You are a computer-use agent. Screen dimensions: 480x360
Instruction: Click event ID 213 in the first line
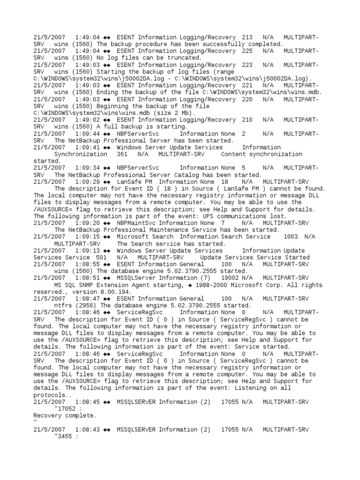[x=247, y=37]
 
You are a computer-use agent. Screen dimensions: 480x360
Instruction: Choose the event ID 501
[x=101, y=257]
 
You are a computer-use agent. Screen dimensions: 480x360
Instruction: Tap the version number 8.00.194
[x=116, y=292]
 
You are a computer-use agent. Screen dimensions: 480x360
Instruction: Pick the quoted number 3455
[x=65, y=436]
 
